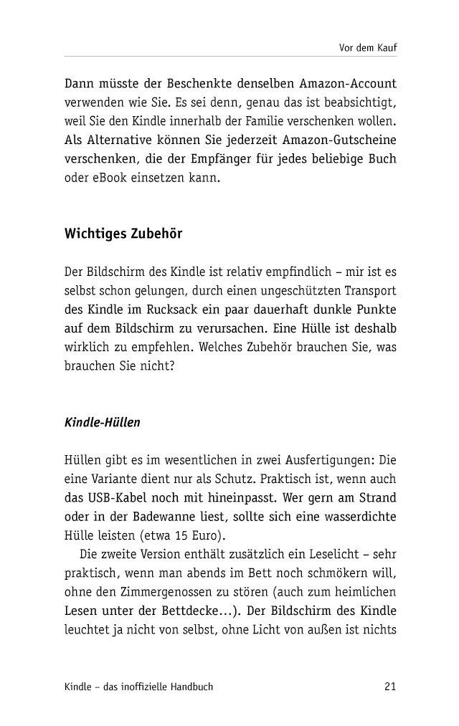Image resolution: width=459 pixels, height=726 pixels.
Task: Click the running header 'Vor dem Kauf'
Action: pyautogui.click(x=368, y=48)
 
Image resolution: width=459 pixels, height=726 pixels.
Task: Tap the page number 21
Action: pyautogui.click(x=390, y=687)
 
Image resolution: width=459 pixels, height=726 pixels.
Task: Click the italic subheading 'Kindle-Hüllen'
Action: pyautogui.click(x=103, y=422)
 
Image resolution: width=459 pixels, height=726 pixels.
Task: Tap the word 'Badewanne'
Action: pyautogui.click(x=157, y=516)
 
